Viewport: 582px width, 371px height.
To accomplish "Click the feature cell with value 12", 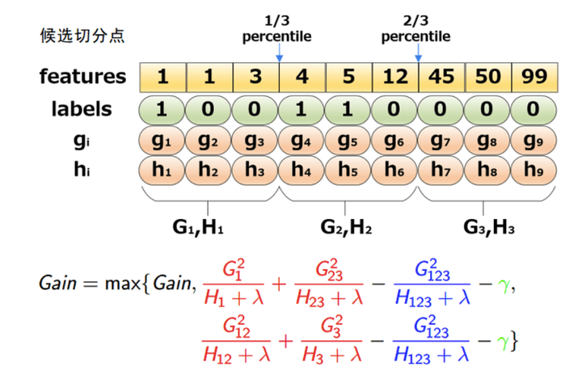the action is [x=394, y=78].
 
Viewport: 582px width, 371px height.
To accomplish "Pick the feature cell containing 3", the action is [x=255, y=78].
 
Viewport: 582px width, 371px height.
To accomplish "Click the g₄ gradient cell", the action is [x=302, y=140].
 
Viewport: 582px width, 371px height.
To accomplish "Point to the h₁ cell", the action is [x=162, y=171].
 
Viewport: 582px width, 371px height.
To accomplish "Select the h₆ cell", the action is [x=394, y=171].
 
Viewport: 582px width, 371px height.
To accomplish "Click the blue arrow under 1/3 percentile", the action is [x=279, y=55].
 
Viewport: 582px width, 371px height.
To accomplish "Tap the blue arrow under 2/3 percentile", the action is [x=418, y=55].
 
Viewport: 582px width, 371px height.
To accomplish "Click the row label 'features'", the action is [x=83, y=78].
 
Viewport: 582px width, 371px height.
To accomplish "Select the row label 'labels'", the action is [x=82, y=109].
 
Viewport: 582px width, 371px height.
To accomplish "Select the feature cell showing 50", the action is [x=487, y=78].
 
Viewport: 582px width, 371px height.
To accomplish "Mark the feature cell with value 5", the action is [x=348, y=78].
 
